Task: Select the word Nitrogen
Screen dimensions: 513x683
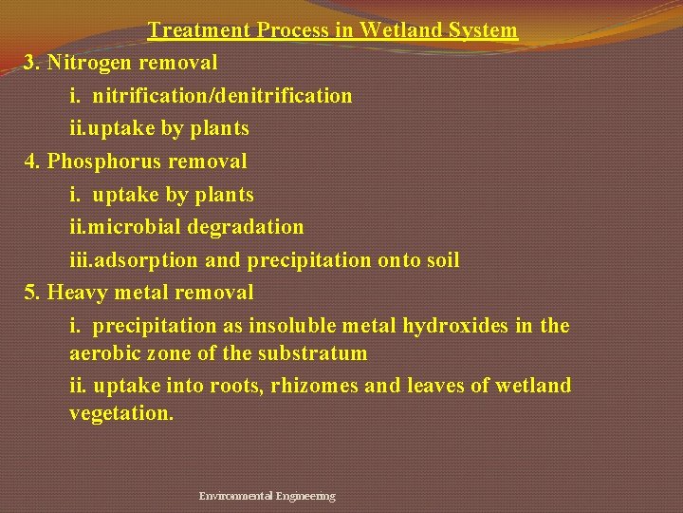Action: click(91, 64)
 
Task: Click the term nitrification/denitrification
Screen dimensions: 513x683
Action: click(222, 96)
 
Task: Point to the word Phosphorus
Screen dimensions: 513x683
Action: click(101, 161)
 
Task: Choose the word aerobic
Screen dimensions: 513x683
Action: click(104, 353)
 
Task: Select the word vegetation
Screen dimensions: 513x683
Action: click(121, 414)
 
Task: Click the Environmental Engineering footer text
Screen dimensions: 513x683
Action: click(267, 496)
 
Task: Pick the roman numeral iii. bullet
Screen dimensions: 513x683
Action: click(82, 260)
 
